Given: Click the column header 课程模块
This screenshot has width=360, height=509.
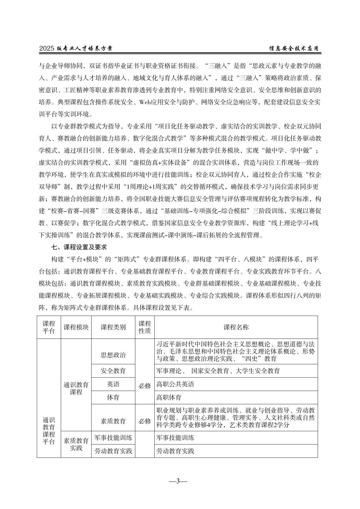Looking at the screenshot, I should click(x=76, y=327).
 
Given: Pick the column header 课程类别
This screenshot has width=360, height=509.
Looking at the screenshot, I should click(x=113, y=327).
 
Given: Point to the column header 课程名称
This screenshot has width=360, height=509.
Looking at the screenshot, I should click(x=236, y=327).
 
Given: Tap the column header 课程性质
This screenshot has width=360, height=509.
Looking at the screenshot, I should click(x=144, y=327).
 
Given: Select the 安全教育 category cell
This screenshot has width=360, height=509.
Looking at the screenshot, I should click(x=113, y=371).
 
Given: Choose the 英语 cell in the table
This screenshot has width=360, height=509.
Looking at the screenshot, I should click(x=113, y=384).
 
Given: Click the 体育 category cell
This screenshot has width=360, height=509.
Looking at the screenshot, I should click(x=113, y=398).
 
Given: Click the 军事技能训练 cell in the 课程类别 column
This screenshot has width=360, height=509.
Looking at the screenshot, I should click(x=113, y=438).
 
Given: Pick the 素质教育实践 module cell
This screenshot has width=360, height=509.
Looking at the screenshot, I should click(x=76, y=444).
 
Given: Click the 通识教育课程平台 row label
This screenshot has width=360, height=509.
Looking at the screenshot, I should click(x=49, y=431).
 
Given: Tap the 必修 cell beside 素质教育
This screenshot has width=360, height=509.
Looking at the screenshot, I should click(x=144, y=421).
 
